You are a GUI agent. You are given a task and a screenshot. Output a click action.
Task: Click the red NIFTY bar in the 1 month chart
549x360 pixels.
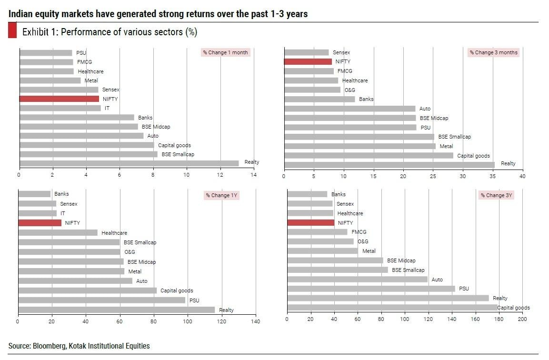pos(59,99)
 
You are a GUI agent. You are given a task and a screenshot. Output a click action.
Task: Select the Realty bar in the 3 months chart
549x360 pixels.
pos(389,164)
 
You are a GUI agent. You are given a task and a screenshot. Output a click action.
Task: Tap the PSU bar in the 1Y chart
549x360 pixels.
pos(101,300)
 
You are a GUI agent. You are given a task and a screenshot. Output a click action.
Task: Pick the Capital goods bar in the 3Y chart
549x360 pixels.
pos(392,308)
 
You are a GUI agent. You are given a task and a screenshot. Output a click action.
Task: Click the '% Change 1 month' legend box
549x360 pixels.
pos(225,52)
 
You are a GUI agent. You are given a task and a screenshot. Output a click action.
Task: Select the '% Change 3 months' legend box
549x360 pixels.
pos(493,52)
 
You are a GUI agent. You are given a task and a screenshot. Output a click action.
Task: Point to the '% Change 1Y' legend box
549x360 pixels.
pos(221,195)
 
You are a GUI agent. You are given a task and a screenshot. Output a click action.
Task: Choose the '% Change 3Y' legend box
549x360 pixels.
pos(497,195)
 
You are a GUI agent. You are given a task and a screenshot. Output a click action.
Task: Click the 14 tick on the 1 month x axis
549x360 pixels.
pos(253,175)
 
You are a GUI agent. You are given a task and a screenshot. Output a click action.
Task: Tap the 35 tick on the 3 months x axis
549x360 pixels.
pos(492,176)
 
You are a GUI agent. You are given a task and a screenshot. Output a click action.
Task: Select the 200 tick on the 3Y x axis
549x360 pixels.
pos(522,319)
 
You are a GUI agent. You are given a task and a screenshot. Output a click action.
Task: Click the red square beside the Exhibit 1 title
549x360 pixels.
pos(13,32)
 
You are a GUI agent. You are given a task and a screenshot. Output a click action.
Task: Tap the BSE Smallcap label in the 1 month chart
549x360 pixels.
pos(178,154)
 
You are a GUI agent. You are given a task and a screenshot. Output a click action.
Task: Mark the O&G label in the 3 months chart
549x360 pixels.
pos(349,90)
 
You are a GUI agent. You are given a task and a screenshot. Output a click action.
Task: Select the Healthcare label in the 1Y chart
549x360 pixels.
pos(114,233)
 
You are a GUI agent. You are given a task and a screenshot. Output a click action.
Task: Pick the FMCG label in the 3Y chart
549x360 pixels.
pos(359,232)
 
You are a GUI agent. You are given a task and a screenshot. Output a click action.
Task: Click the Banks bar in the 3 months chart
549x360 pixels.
pos(319,99)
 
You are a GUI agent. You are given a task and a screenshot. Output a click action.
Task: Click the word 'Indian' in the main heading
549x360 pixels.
pos(20,14)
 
